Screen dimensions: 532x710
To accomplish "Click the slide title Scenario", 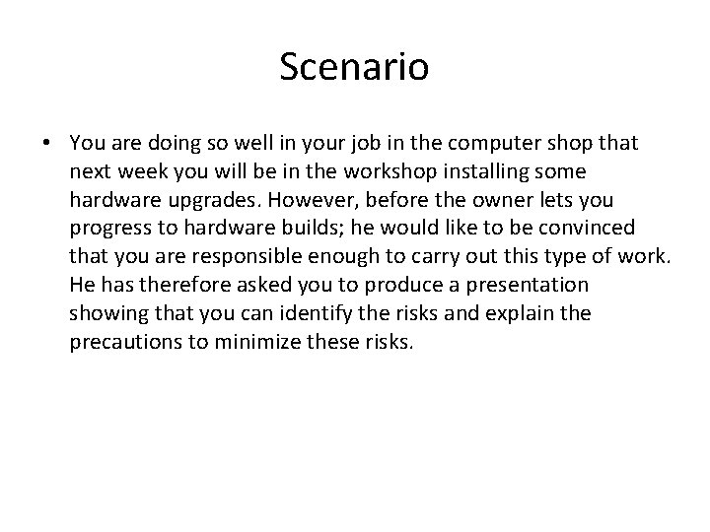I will tap(354, 67).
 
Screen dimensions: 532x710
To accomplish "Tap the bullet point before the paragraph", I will tap(47, 144).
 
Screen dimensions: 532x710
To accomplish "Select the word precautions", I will tap(121, 344).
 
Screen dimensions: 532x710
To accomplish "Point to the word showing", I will tap(103, 315).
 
